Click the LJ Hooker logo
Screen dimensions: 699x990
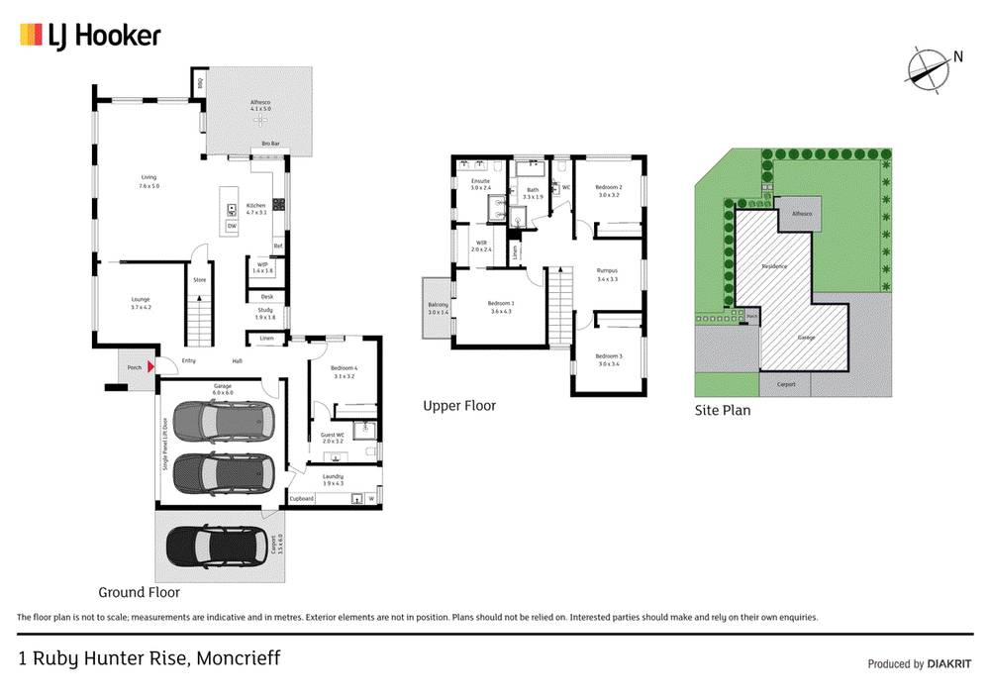89,37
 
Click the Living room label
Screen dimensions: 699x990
148,181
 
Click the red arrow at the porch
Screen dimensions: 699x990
150,367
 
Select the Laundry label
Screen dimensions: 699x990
333,479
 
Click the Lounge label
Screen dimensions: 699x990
140,303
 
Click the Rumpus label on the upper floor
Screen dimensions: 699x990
607,274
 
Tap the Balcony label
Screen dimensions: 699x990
438,308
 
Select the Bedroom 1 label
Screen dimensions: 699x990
501,307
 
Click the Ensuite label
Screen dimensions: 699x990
480,183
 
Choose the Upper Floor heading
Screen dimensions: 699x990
459,406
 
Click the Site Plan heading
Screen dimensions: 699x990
723,410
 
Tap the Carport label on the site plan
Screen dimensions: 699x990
787,385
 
